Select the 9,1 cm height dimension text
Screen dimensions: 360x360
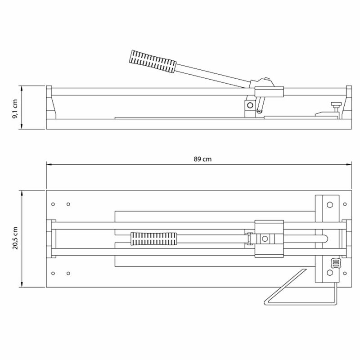click(15, 108)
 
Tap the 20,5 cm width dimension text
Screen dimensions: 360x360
click(15, 238)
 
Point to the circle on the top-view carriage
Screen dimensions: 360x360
click(265, 238)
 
